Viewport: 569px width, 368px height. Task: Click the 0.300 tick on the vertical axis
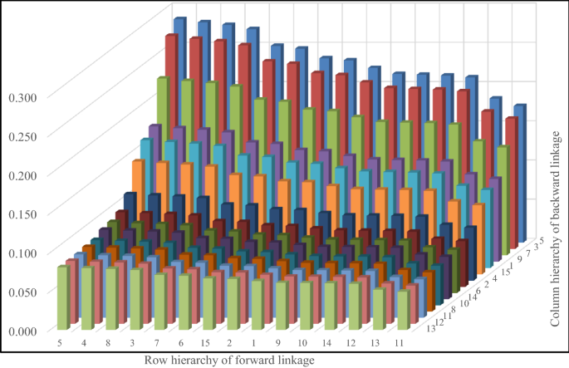click(22, 97)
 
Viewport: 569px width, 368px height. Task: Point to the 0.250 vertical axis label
click(22, 136)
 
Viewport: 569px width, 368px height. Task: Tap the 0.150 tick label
click(22, 213)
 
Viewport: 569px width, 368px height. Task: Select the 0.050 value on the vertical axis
click(22, 292)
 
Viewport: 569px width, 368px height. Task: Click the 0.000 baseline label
click(22, 331)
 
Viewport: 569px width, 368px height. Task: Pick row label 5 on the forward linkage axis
click(60, 342)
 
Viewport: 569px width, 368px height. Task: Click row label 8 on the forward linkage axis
click(109, 342)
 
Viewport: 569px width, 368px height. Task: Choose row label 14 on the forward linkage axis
click(330, 342)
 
